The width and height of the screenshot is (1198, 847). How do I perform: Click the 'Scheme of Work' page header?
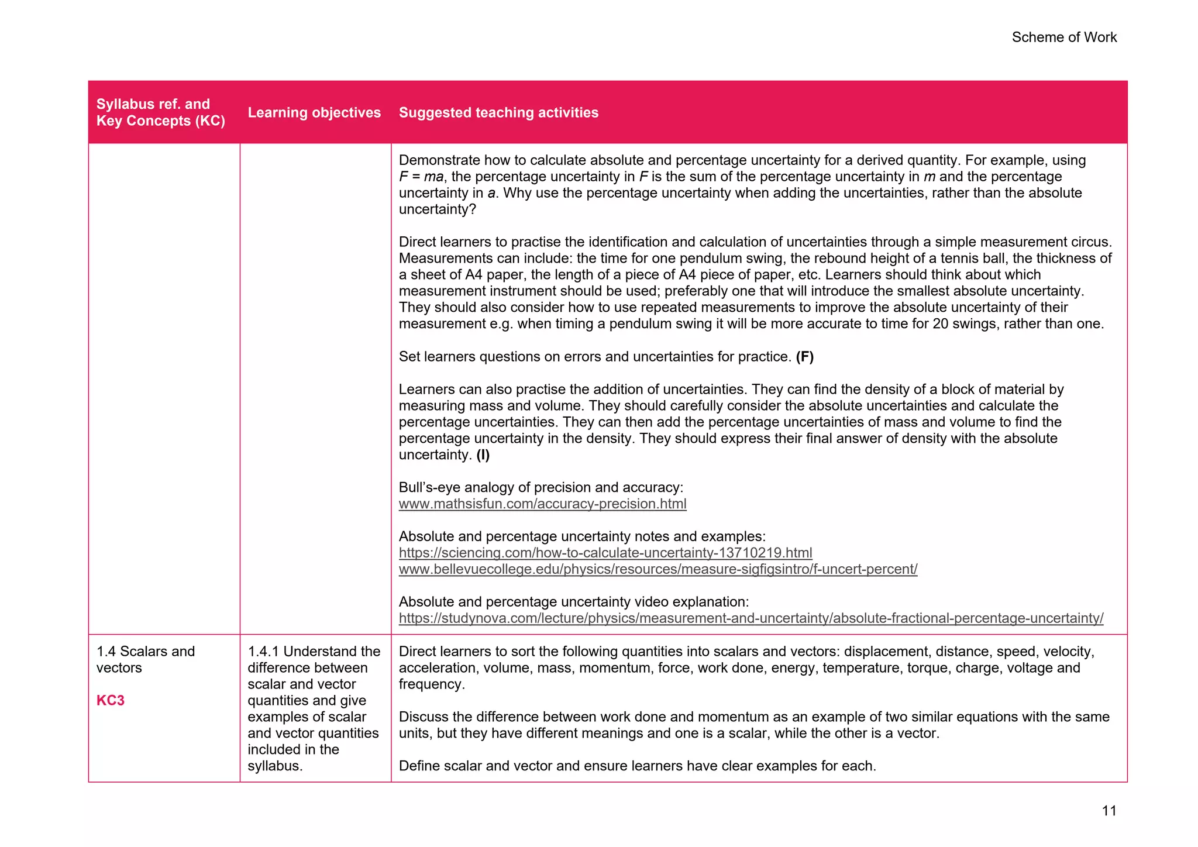pos(1063,37)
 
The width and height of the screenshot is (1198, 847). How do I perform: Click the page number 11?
pos(1109,811)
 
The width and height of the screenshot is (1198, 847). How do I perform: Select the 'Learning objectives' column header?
pos(314,112)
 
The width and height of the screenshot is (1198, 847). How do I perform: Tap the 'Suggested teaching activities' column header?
pos(498,112)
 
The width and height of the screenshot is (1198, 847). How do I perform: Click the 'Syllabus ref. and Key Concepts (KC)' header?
pos(160,112)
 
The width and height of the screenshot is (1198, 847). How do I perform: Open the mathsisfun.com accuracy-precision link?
pos(542,504)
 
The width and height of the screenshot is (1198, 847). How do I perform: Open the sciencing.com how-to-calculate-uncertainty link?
pos(605,553)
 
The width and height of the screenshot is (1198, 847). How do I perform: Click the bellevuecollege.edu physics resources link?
pos(657,569)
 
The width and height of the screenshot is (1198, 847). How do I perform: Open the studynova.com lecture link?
pos(751,618)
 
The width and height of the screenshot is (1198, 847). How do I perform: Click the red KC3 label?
pos(111,700)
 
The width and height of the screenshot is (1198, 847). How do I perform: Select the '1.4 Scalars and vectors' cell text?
pos(145,659)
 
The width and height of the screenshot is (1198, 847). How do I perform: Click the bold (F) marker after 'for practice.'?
pos(804,357)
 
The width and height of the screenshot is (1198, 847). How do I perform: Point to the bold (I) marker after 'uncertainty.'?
pos(483,455)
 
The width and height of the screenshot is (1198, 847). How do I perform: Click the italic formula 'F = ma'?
pos(421,177)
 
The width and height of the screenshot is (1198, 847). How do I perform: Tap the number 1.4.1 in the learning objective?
pos(263,652)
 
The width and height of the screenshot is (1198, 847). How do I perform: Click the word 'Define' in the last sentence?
pos(419,766)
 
